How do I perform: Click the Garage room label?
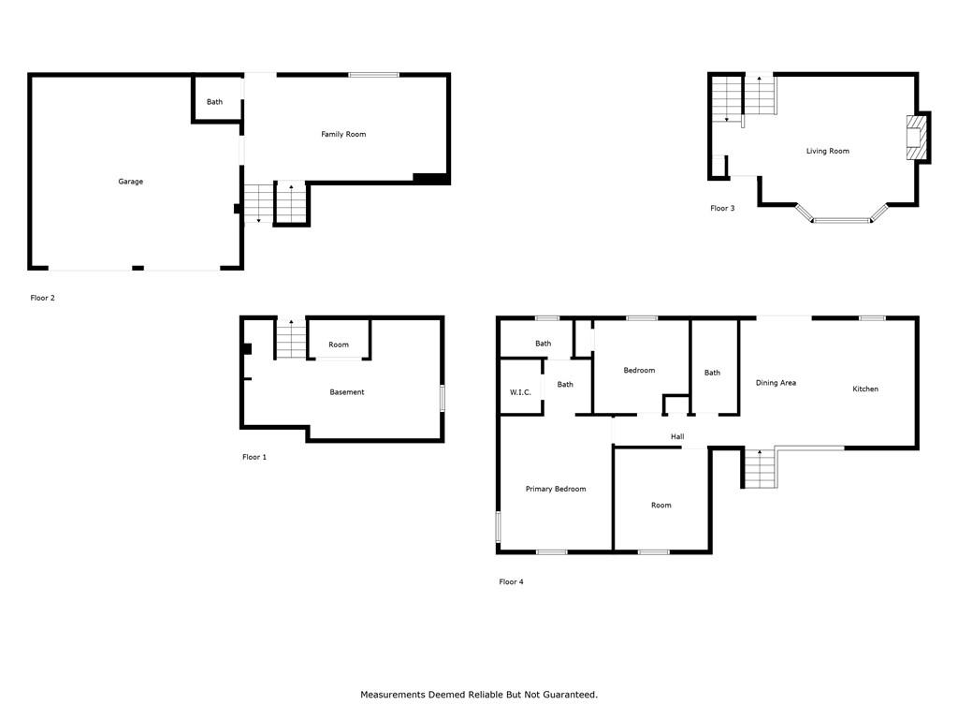coord(130,182)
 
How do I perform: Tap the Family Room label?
coord(343,135)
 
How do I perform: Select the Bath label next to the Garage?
coord(214,102)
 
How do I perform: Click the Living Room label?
coord(827,151)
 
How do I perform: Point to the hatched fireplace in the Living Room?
coord(914,139)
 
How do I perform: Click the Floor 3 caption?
coord(722,209)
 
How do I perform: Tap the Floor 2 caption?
coord(42,299)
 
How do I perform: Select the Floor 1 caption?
coord(254,457)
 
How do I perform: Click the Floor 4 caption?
coord(511,582)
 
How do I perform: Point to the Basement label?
coord(346,392)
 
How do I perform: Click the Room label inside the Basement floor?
coord(339,345)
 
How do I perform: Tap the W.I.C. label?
coord(520,392)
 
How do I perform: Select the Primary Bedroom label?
coord(556,489)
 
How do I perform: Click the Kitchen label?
coord(865,389)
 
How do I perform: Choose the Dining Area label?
coord(776,383)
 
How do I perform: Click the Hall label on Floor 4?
coord(677,437)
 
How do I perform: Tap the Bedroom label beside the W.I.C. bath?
coord(639,371)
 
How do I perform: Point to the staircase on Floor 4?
coord(760,468)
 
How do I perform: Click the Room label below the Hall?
coord(661,506)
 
